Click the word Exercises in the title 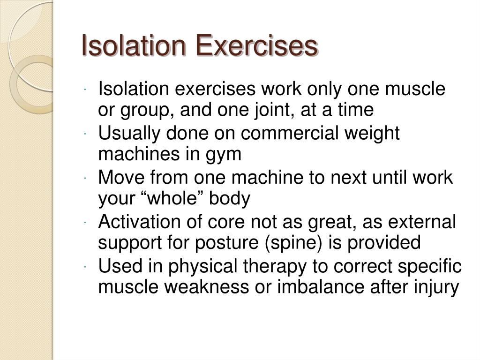[256, 46]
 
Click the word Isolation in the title [134, 46]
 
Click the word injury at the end [439, 287]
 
